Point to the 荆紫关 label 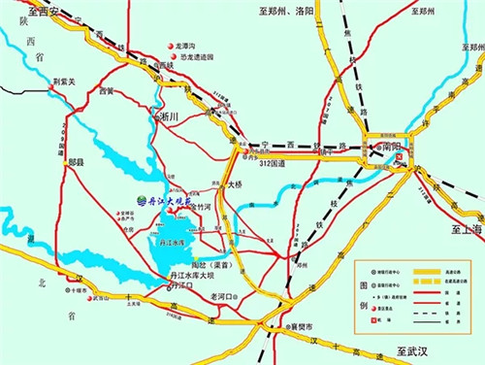[65, 83]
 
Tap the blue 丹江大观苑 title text [169, 201]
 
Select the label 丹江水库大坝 [189, 276]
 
